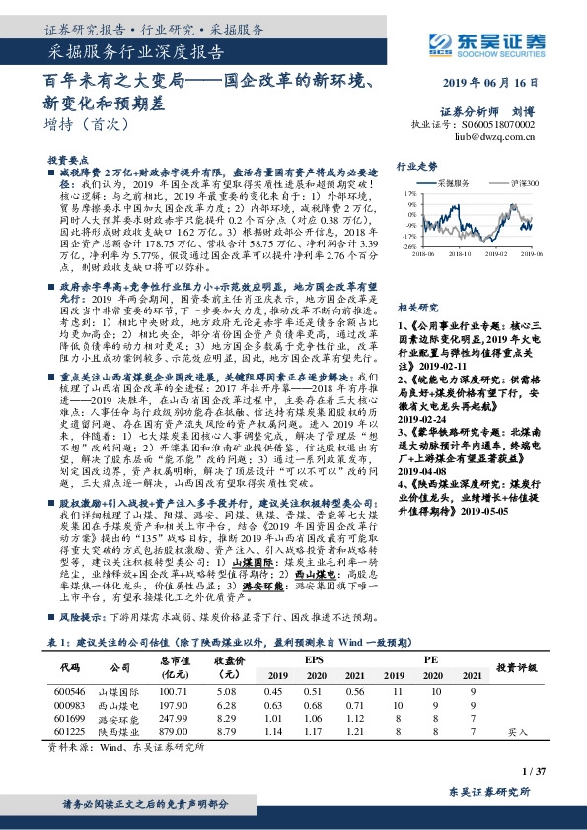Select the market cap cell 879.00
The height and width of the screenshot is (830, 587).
pos(175,732)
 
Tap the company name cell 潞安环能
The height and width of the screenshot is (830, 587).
pos(119,720)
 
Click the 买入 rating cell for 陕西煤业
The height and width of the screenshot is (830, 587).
pos(518,732)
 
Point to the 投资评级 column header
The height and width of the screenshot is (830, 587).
pos(517,668)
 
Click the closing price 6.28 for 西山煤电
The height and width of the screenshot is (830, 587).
pos(226,706)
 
